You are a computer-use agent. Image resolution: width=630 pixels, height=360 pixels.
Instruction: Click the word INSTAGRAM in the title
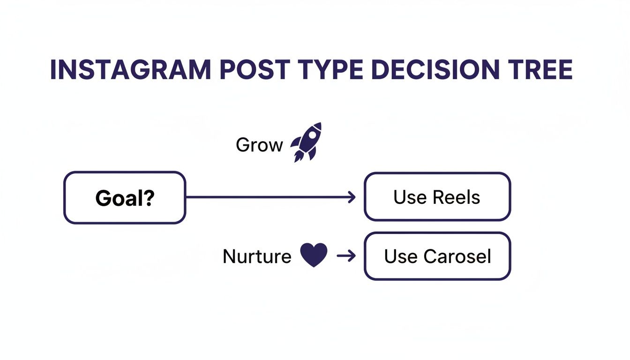point(130,70)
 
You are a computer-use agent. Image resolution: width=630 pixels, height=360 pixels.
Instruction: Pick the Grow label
point(259,145)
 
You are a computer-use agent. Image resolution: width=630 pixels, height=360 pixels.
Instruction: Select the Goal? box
point(125,197)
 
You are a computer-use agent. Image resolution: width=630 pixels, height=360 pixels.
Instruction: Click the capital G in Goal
point(103,198)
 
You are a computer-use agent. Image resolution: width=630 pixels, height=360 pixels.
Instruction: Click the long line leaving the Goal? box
point(267,197)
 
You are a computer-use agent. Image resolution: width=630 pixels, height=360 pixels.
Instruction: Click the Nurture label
point(257,256)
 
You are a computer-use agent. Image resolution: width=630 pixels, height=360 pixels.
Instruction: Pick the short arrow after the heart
point(346,256)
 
